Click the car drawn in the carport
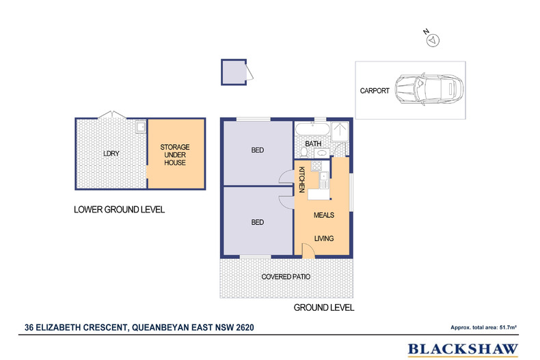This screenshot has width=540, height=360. point(429,89)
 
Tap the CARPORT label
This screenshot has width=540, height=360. point(375,91)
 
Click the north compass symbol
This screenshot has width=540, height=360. point(433,40)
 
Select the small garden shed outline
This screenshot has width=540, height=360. point(234,72)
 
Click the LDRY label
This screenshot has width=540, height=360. point(111,154)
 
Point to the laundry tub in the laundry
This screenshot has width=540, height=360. point(141,126)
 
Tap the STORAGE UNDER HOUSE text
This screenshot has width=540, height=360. point(175,155)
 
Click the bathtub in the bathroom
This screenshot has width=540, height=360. point(312,130)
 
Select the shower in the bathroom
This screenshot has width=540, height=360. point(340,131)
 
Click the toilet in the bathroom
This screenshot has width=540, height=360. point(304,152)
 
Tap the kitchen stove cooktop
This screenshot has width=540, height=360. point(317,166)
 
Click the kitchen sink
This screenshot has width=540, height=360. point(324,180)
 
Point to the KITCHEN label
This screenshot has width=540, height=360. point(301,180)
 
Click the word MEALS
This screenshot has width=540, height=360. point(324,215)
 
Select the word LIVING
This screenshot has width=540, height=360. point(324,238)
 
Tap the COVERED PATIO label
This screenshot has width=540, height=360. point(286,277)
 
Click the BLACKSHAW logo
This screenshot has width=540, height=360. point(463,349)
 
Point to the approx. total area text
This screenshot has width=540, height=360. point(483,328)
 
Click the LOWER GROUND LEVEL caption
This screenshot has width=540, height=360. point(119,210)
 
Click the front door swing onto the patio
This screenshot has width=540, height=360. point(308,250)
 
